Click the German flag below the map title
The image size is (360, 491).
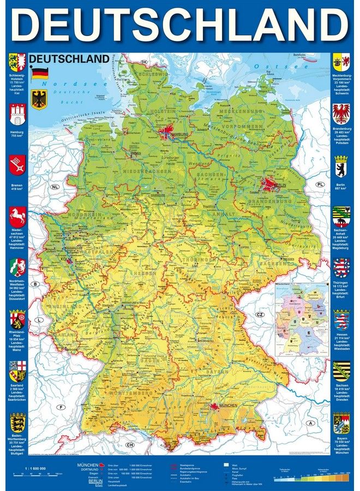[x=39, y=73]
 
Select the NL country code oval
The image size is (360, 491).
[x=55, y=187]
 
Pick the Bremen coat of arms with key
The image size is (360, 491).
[x=17, y=165]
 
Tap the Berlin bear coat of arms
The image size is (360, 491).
[x=341, y=166]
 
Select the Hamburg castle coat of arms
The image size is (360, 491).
[x=17, y=115]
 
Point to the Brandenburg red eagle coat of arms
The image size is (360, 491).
[x=341, y=114]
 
